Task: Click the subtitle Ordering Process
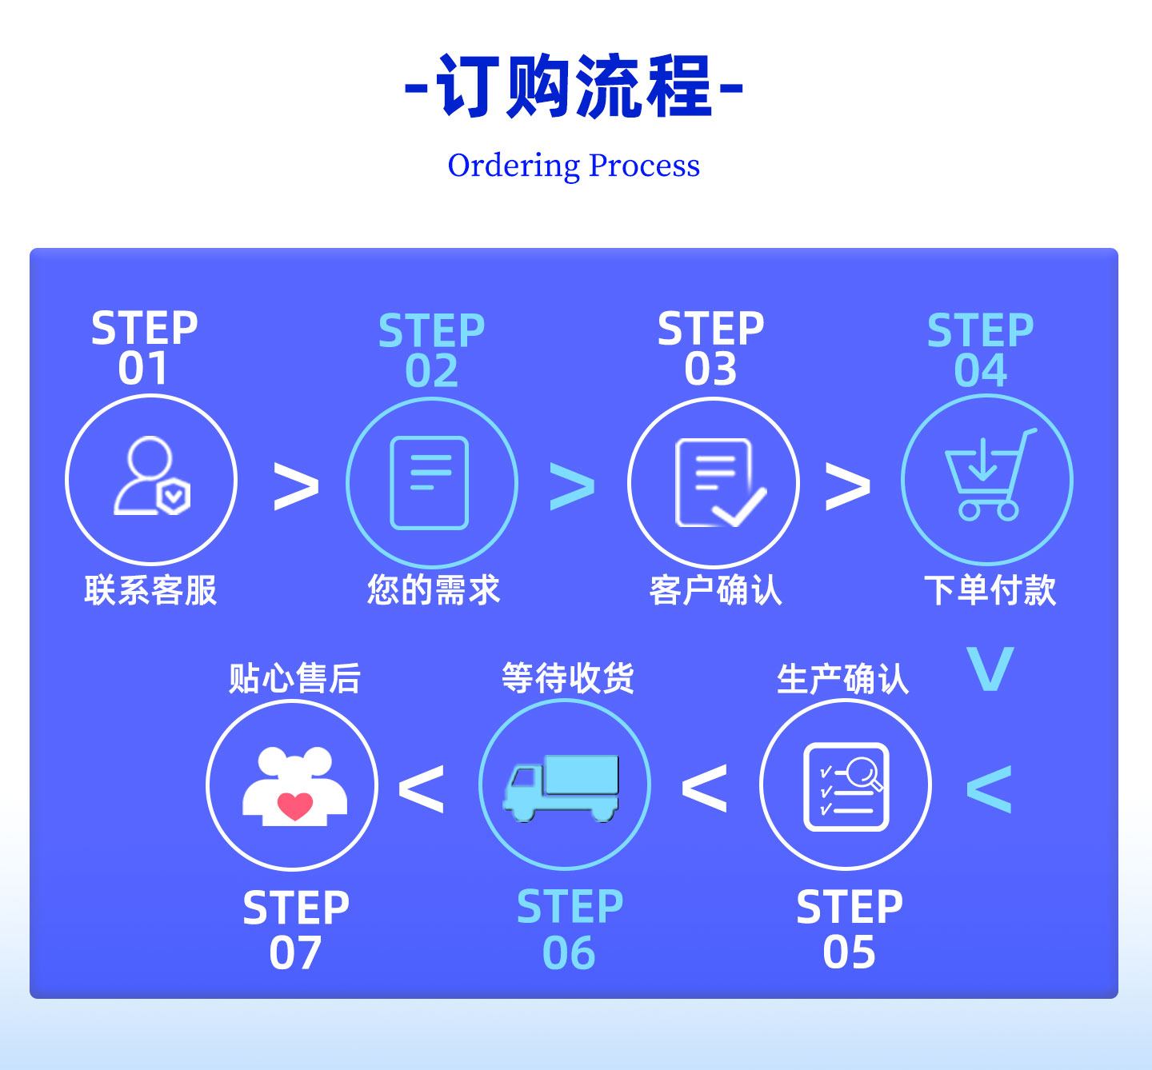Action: pyautogui.click(x=574, y=166)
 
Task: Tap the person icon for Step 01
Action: pyautogui.click(x=151, y=476)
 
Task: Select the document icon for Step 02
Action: pyautogui.click(x=430, y=482)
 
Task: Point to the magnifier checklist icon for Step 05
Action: pyautogui.click(x=846, y=786)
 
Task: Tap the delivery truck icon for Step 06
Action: pyautogui.click(x=561, y=788)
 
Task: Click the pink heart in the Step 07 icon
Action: pyautogui.click(x=294, y=805)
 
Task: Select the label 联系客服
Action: pyautogui.click(x=151, y=590)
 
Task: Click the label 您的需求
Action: pyautogui.click(x=434, y=590)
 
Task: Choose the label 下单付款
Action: pyautogui.click(x=990, y=590)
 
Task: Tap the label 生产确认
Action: pyautogui.click(x=842, y=678)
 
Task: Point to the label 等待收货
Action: pyautogui.click(x=568, y=677)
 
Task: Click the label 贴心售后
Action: pyautogui.click(x=294, y=678)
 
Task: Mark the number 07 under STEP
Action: pyautogui.click(x=295, y=953)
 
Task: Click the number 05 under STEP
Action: pyautogui.click(x=850, y=952)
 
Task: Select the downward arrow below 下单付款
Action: pyautogui.click(x=990, y=669)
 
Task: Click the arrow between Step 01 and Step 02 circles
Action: pyautogui.click(x=296, y=486)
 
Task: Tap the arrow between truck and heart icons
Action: pyautogui.click(x=422, y=789)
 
